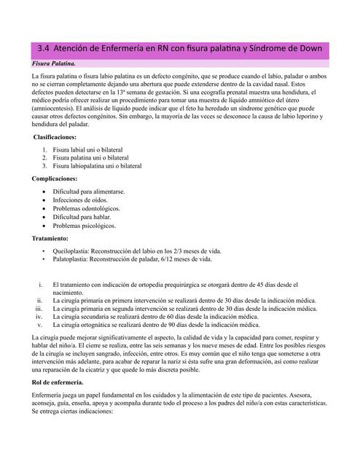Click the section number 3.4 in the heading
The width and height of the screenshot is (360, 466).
point(43,49)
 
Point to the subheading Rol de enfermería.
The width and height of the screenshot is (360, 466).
point(58,382)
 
